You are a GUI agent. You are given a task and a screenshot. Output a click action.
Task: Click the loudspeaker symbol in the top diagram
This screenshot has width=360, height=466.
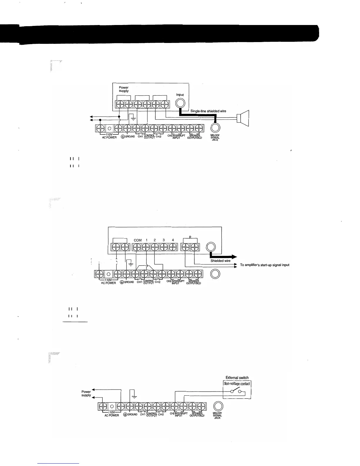tap(244, 118)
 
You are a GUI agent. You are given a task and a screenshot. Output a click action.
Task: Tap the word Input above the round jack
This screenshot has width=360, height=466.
tap(180, 95)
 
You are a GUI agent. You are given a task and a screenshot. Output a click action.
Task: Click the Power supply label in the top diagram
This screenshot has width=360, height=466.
tap(124, 89)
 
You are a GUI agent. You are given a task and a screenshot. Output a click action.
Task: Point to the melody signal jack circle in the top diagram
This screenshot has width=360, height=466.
tap(215, 128)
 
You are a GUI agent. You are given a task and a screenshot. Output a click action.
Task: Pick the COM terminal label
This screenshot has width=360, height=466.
tap(138, 240)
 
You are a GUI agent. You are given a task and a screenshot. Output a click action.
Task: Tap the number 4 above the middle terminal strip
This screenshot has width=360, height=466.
tap(173, 240)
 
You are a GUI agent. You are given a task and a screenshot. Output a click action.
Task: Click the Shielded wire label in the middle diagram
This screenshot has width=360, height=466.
tap(221, 261)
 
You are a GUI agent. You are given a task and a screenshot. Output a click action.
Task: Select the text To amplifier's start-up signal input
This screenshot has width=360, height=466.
tap(265, 265)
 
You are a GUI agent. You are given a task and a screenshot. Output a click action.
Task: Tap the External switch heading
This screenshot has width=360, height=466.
tap(237, 378)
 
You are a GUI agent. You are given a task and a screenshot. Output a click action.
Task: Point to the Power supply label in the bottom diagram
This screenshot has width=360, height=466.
tap(86, 393)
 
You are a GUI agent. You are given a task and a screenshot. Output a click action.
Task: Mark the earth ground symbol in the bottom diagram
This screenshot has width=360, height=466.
tap(134, 396)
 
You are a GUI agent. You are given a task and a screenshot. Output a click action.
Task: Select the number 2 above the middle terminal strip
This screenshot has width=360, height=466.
tap(155, 240)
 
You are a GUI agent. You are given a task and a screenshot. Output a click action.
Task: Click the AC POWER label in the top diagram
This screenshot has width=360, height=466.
tap(109, 137)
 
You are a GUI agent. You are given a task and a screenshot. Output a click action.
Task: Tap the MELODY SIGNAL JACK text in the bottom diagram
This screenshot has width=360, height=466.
tap(217, 415)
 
